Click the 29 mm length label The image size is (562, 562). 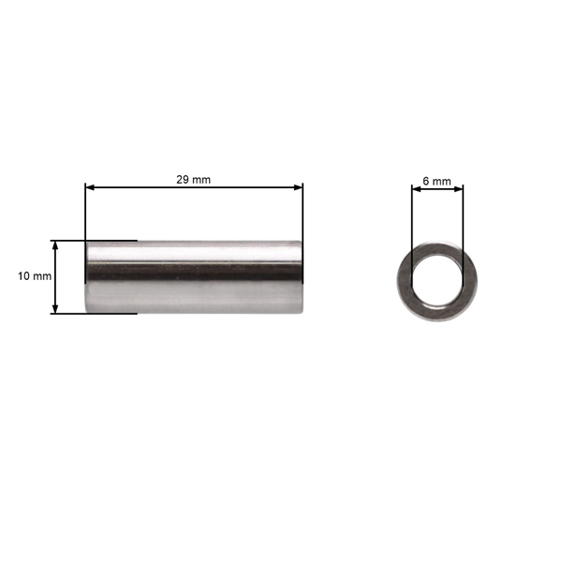point(194,178)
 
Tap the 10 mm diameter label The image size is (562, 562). point(35,276)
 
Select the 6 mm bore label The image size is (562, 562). point(436,180)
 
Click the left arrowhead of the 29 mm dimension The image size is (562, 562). point(90,187)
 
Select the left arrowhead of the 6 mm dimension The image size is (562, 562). point(416,190)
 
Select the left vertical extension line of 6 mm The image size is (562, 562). point(411,225)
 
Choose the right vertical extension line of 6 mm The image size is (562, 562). point(463,225)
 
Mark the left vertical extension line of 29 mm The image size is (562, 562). point(85,215)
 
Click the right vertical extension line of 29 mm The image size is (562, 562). point(303,215)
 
